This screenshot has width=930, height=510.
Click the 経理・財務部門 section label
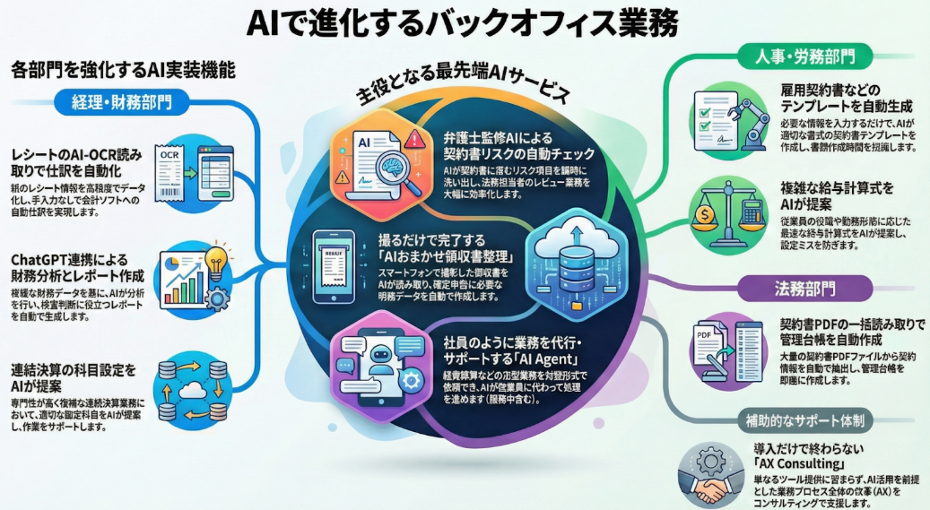pyautogui.click(x=117, y=101)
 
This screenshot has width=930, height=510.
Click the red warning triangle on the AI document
pyautogui.click(x=414, y=140)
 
